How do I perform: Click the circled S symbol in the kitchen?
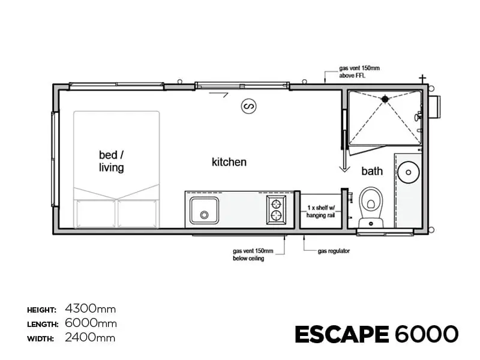tap(248, 106)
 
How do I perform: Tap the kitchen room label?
tap(229, 162)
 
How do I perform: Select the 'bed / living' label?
tap(112, 161)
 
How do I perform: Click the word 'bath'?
tap(372, 171)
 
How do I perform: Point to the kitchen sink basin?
tap(204, 211)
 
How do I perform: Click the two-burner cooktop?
tap(276, 209)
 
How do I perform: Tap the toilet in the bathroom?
tap(371, 207)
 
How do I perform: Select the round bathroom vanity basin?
tap(409, 172)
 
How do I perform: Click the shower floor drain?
tap(385, 99)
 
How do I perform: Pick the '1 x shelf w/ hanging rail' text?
tap(320, 212)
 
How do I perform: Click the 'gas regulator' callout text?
tap(334, 251)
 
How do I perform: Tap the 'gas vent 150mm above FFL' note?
tap(359, 71)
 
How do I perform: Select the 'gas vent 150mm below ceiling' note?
tap(253, 254)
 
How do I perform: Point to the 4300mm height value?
tap(91, 309)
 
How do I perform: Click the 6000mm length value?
tap(91, 323)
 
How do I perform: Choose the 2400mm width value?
tap(90, 338)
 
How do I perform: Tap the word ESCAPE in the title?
tap(342, 334)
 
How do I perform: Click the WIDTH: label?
tap(40, 339)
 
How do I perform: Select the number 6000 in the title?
tap(427, 334)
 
